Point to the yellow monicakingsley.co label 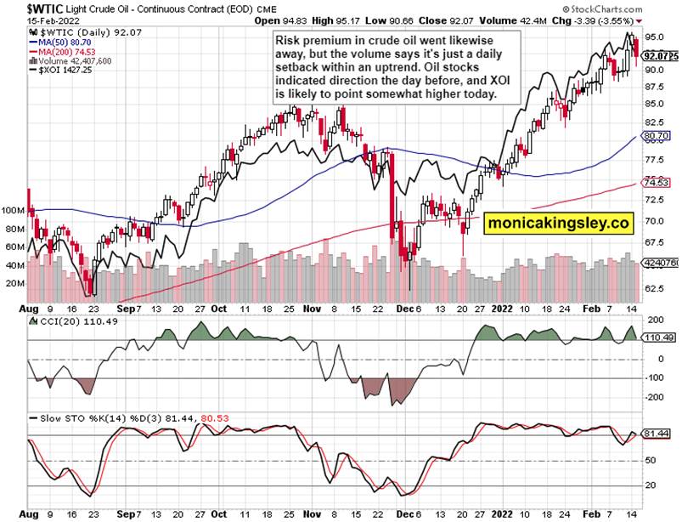(x=559, y=224)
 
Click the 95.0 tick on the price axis (x=653, y=37)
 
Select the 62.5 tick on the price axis (x=653, y=288)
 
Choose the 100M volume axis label (x=14, y=209)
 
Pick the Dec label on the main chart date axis (x=403, y=309)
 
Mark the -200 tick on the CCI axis (x=653, y=397)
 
